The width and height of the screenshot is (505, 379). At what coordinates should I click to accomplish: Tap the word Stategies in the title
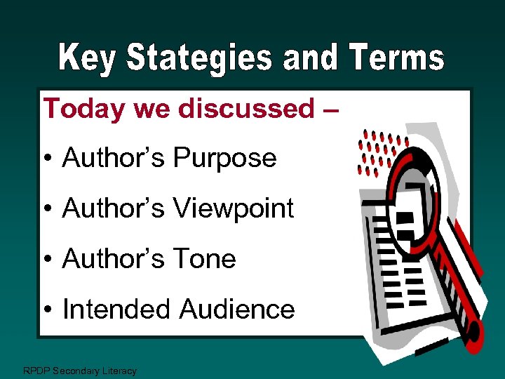[199, 59]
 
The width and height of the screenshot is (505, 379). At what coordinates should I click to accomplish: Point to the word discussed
[247, 108]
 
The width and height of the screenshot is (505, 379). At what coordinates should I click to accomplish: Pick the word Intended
[117, 309]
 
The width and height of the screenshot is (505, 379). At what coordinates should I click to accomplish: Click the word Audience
[237, 309]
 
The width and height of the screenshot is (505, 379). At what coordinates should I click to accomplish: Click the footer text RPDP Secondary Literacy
[80, 371]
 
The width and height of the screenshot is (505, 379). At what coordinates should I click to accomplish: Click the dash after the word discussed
[332, 109]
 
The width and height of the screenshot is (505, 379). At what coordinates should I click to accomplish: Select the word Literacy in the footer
[120, 371]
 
